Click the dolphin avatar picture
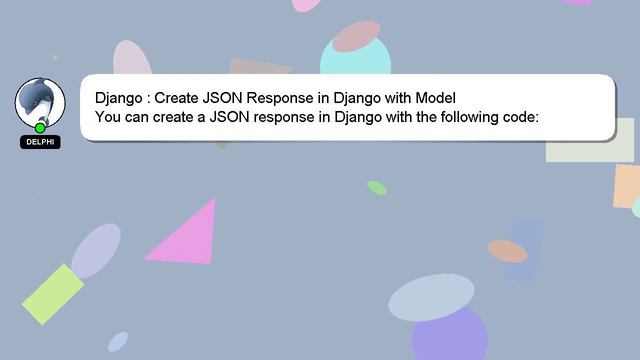coord(40,102)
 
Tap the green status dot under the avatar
coord(40,128)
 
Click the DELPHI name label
coord(40,142)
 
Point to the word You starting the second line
coord(108,117)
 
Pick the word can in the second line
coord(140,117)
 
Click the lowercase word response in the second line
coord(282,117)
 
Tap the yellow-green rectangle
coord(53,294)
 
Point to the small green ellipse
coord(377,188)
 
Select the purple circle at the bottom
coord(449,335)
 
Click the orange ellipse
coord(507,251)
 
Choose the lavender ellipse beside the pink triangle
coord(96,251)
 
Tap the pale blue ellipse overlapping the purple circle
coord(431,298)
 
